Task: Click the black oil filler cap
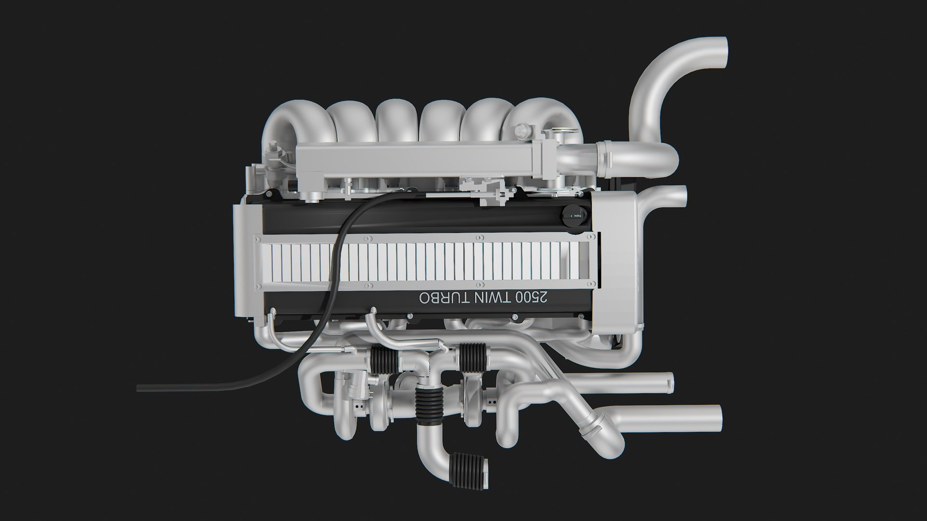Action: click(574, 212)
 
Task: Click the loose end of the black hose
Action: click(140, 387)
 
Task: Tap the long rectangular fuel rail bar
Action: click(415, 160)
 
